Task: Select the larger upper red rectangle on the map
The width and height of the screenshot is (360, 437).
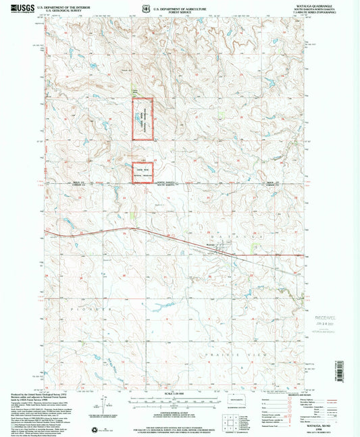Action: tap(142, 119)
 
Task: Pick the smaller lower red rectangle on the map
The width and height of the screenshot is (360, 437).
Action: tap(142, 172)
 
